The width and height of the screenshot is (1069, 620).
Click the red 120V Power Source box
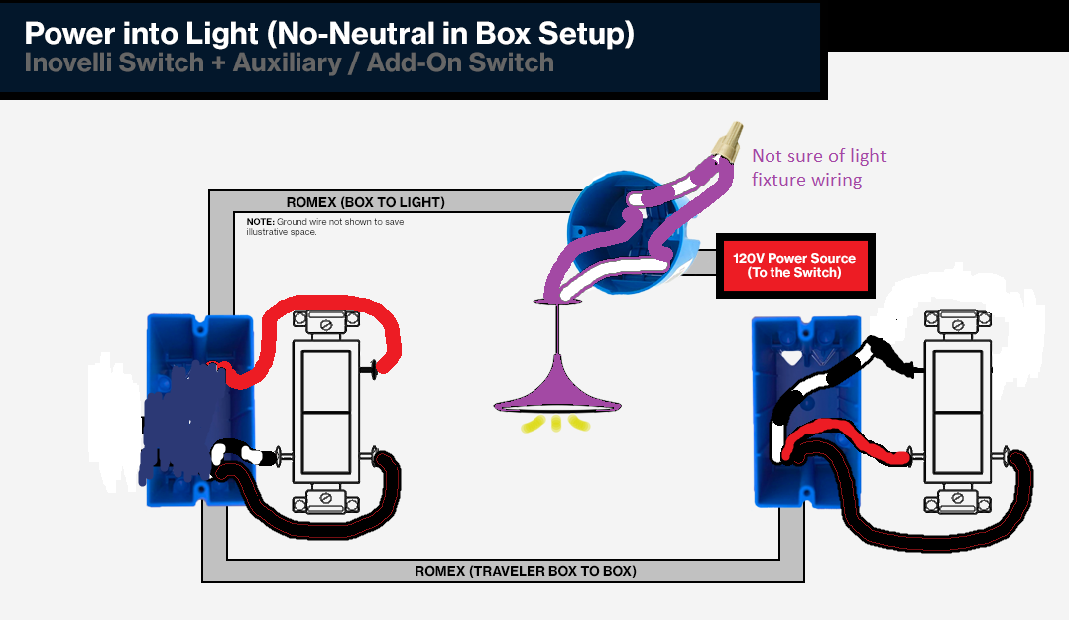(x=795, y=265)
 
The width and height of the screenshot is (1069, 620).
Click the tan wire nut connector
(x=729, y=142)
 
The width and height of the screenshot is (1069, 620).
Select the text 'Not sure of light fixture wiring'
(x=818, y=167)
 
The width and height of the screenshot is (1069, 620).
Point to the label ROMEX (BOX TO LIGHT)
(x=365, y=202)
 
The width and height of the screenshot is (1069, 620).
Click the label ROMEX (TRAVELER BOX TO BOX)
(x=525, y=571)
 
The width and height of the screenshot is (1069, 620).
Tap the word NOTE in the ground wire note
(x=261, y=221)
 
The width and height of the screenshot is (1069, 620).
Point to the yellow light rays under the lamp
(x=556, y=424)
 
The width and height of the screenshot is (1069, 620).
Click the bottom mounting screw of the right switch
(x=957, y=499)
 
